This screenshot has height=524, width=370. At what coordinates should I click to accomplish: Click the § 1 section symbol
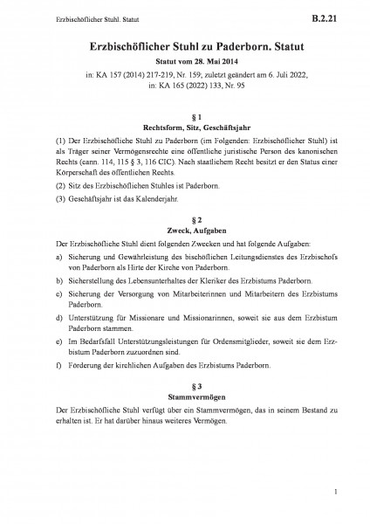pyautogui.click(x=184, y=115)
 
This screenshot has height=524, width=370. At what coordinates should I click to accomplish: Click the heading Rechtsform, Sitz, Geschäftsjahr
pyautogui.click(x=184, y=127)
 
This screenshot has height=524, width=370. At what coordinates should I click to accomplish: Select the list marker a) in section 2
pyautogui.click(x=58, y=259)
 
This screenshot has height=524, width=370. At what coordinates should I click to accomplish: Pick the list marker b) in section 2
pyautogui.click(x=58, y=285)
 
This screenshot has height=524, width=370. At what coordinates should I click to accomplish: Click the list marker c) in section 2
pyautogui.click(x=58, y=298)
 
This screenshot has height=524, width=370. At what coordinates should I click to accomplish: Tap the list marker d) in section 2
pyautogui.click(x=58, y=324)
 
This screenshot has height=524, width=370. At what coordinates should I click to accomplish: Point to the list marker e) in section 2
pyautogui.click(x=58, y=349)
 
